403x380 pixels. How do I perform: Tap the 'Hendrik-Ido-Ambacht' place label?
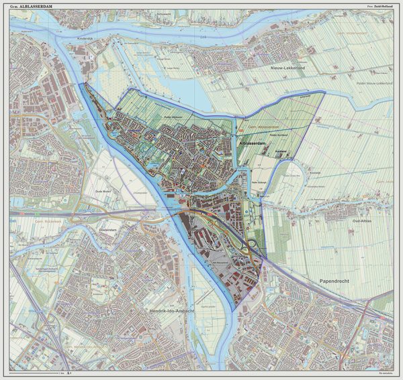pos(171,312)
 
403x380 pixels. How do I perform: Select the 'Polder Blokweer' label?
pos(174,117)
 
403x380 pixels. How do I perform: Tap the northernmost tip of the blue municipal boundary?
pos(82,84)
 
